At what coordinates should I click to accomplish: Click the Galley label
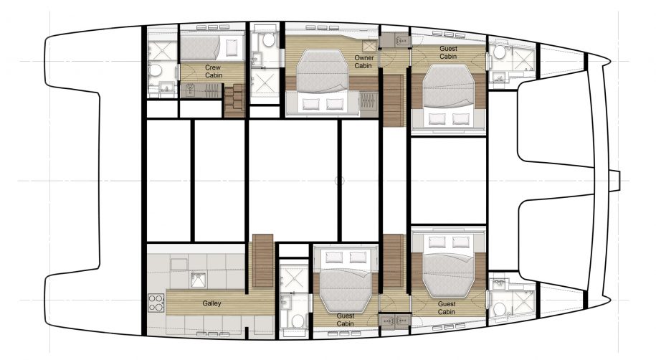tap(211, 303)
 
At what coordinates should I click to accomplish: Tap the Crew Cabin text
tap(214, 71)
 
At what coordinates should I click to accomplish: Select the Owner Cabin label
tap(363, 62)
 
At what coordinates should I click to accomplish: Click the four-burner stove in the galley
tap(156, 303)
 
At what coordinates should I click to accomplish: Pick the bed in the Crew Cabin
tap(211, 48)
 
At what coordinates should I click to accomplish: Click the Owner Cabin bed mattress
tap(323, 70)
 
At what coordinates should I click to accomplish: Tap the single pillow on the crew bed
tap(232, 48)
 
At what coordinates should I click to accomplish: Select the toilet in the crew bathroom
tap(156, 70)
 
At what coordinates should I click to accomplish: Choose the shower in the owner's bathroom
tap(265, 83)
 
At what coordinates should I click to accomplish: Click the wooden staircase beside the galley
tap(263, 260)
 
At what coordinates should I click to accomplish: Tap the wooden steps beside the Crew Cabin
tap(234, 100)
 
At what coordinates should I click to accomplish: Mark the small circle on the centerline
tap(340, 181)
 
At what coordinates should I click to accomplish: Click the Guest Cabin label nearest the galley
tap(345, 320)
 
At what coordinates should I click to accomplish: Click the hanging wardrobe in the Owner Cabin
tap(369, 103)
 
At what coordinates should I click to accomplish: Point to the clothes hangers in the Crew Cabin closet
tap(200, 90)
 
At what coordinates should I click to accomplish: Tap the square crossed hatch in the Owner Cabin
tap(370, 46)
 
